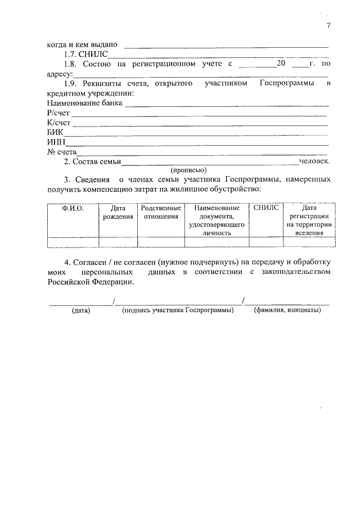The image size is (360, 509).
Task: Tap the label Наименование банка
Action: click(x=85, y=103)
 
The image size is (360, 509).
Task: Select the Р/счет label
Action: click(x=58, y=113)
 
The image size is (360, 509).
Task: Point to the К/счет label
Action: click(x=59, y=123)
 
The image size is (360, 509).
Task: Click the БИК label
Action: click(x=56, y=132)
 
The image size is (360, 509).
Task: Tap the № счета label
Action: click(x=62, y=151)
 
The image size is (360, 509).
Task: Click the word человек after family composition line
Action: click(x=314, y=161)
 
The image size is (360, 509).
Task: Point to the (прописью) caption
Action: click(x=188, y=170)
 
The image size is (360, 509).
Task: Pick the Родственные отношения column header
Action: click(x=161, y=212)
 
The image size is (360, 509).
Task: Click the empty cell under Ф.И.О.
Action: click(x=73, y=242)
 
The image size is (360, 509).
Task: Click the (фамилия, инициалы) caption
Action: click(x=287, y=311)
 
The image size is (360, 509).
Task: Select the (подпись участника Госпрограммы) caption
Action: click(x=178, y=311)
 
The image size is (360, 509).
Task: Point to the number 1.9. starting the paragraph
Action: click(x=73, y=84)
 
